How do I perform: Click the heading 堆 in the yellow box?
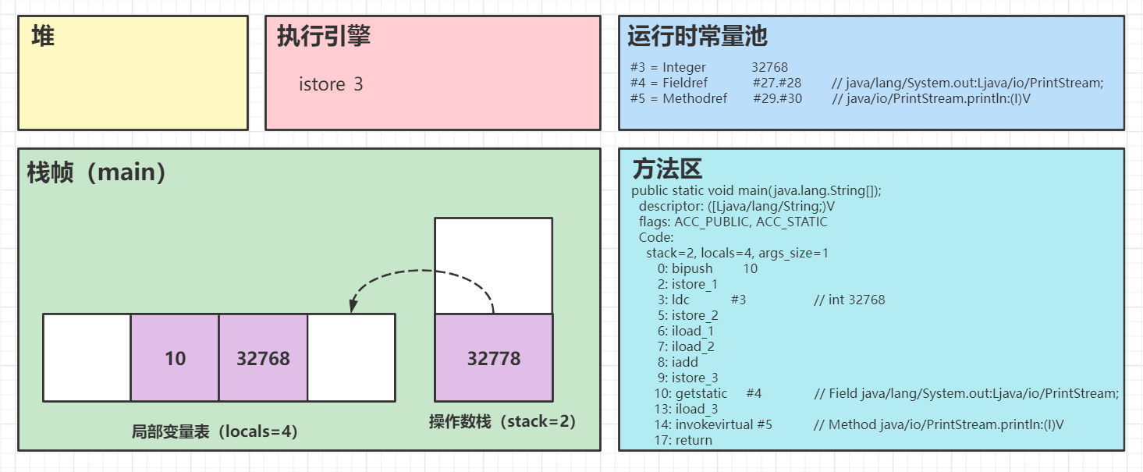click(43, 36)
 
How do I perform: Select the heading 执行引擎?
click(324, 36)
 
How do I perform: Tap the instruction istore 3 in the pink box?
click(331, 84)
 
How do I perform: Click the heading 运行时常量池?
click(698, 36)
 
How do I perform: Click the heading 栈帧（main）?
click(97, 172)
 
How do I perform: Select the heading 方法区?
click(667, 169)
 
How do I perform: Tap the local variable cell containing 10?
click(175, 358)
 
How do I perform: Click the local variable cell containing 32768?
click(263, 358)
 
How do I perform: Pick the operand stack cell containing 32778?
click(493, 358)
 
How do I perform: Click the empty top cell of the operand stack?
click(493, 265)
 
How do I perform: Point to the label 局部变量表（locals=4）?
click(215, 431)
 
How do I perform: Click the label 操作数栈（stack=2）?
click(502, 422)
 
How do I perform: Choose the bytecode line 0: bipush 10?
click(707, 268)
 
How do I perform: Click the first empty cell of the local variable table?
click(87, 358)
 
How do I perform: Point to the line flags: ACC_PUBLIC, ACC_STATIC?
click(733, 222)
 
